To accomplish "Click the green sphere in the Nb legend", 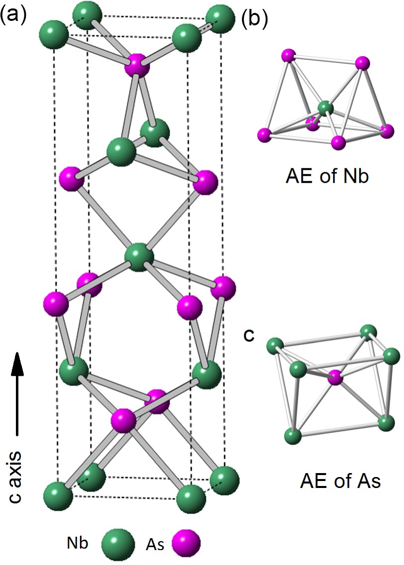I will tap(118, 545).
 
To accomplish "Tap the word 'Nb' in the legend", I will tap(78, 544).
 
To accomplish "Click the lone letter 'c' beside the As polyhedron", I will tap(249, 335).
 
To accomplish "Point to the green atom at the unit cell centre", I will tap(139, 256).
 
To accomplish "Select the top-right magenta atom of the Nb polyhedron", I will tap(362, 63).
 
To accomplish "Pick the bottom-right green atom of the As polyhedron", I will tap(386, 423).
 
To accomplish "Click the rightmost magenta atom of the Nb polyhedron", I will tap(386, 131).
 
